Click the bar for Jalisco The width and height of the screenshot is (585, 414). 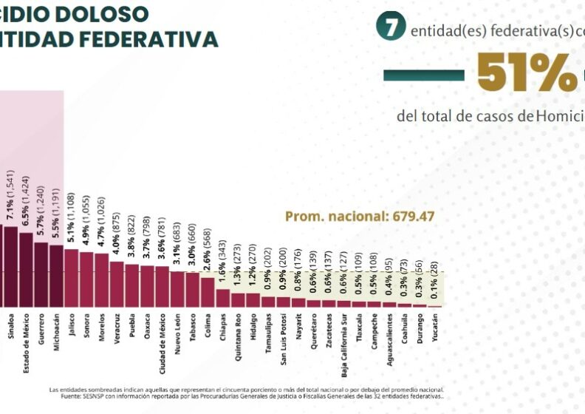[x=71, y=277]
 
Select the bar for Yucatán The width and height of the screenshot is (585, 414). [x=434, y=306]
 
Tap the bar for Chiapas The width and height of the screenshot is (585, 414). [x=222, y=297]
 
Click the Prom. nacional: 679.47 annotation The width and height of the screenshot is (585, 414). [x=360, y=217]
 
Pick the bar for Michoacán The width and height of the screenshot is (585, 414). [x=56, y=275]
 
